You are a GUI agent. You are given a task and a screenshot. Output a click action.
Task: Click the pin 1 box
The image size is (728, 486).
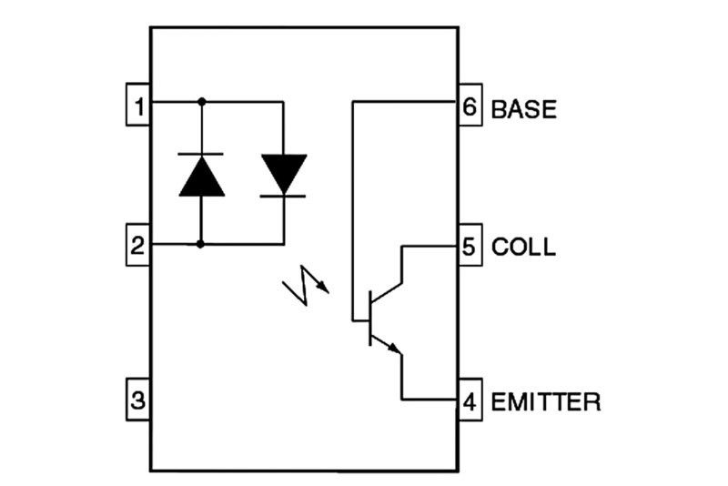pyautogui.click(x=138, y=106)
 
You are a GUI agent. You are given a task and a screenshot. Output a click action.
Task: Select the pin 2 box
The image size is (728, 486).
pyautogui.click(x=138, y=245)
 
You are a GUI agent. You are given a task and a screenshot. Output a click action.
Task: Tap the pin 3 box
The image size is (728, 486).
pyautogui.click(x=138, y=400)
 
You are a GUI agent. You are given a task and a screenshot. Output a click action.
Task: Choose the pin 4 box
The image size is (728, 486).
pyautogui.click(x=470, y=400)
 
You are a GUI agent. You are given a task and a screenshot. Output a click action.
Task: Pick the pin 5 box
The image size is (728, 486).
pyautogui.click(x=470, y=246)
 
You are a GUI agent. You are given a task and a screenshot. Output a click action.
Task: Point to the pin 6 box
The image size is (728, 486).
pyautogui.click(x=470, y=106)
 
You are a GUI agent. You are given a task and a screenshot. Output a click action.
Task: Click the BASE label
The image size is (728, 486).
pyautogui.click(x=523, y=108)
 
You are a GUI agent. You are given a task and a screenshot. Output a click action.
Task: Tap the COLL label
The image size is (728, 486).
pyautogui.click(x=522, y=247)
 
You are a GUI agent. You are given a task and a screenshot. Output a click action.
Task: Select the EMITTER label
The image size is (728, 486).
pyautogui.click(x=545, y=400)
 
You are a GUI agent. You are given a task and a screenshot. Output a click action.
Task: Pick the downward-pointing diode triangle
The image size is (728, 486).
pyautogui.click(x=283, y=172)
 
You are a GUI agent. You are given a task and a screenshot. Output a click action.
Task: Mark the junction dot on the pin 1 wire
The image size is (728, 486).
pyautogui.click(x=202, y=102)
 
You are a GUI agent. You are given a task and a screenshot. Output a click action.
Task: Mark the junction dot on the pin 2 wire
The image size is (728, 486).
pyautogui.click(x=202, y=244)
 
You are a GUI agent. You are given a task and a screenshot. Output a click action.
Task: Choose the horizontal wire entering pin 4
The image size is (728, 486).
pyautogui.click(x=430, y=399)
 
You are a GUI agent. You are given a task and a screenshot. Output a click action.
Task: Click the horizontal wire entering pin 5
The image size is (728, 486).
pyautogui.click(x=430, y=245)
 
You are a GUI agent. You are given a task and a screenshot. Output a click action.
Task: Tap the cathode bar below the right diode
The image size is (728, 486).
pyautogui.click(x=283, y=195)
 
